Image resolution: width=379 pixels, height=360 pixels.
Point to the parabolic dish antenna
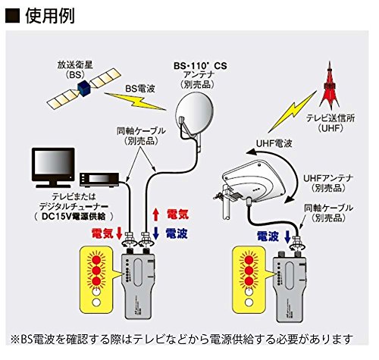click(x=189, y=114)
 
